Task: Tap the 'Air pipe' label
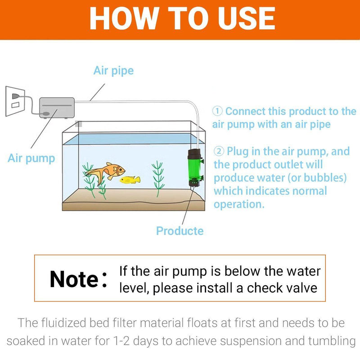click(x=113, y=71)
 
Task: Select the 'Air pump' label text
click(x=31, y=158)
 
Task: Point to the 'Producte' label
click(x=180, y=231)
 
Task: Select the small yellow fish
click(x=130, y=180)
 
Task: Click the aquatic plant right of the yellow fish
click(x=157, y=178)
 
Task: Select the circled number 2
click(x=219, y=151)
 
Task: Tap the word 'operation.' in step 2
click(x=238, y=204)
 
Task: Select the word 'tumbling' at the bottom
click(x=328, y=341)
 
